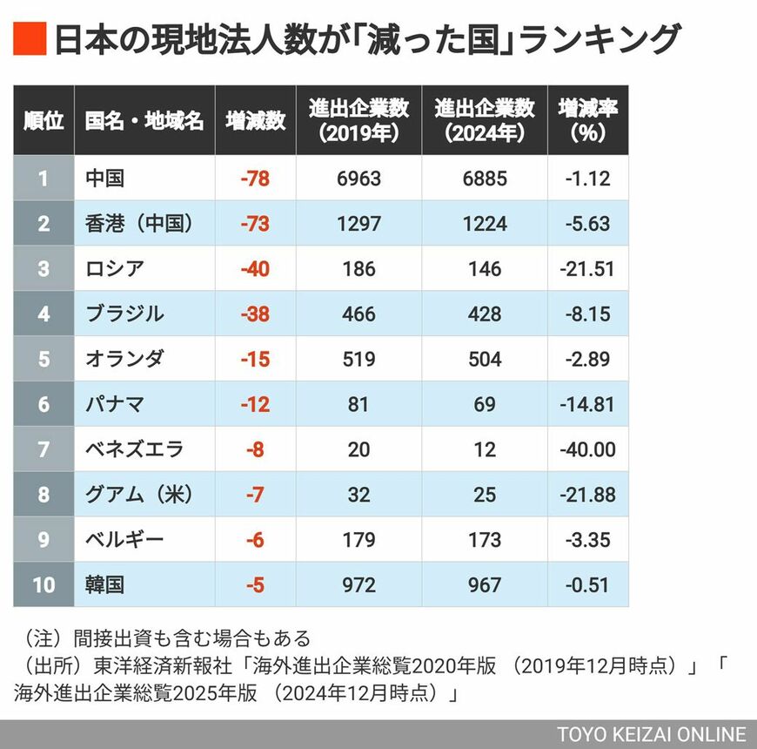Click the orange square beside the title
29,40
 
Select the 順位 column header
44,120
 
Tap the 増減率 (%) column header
588,120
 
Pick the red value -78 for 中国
255,179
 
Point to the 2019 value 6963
358,179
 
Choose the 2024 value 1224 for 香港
485,224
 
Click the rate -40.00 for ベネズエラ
588,449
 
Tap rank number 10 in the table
44,584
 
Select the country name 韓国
105,584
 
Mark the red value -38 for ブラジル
255,314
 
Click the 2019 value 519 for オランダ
358,359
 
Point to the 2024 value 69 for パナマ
485,404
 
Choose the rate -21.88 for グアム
588,495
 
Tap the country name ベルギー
124,540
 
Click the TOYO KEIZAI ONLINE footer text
652,733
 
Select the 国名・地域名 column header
144,120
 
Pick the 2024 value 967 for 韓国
485,584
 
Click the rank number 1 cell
44,179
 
